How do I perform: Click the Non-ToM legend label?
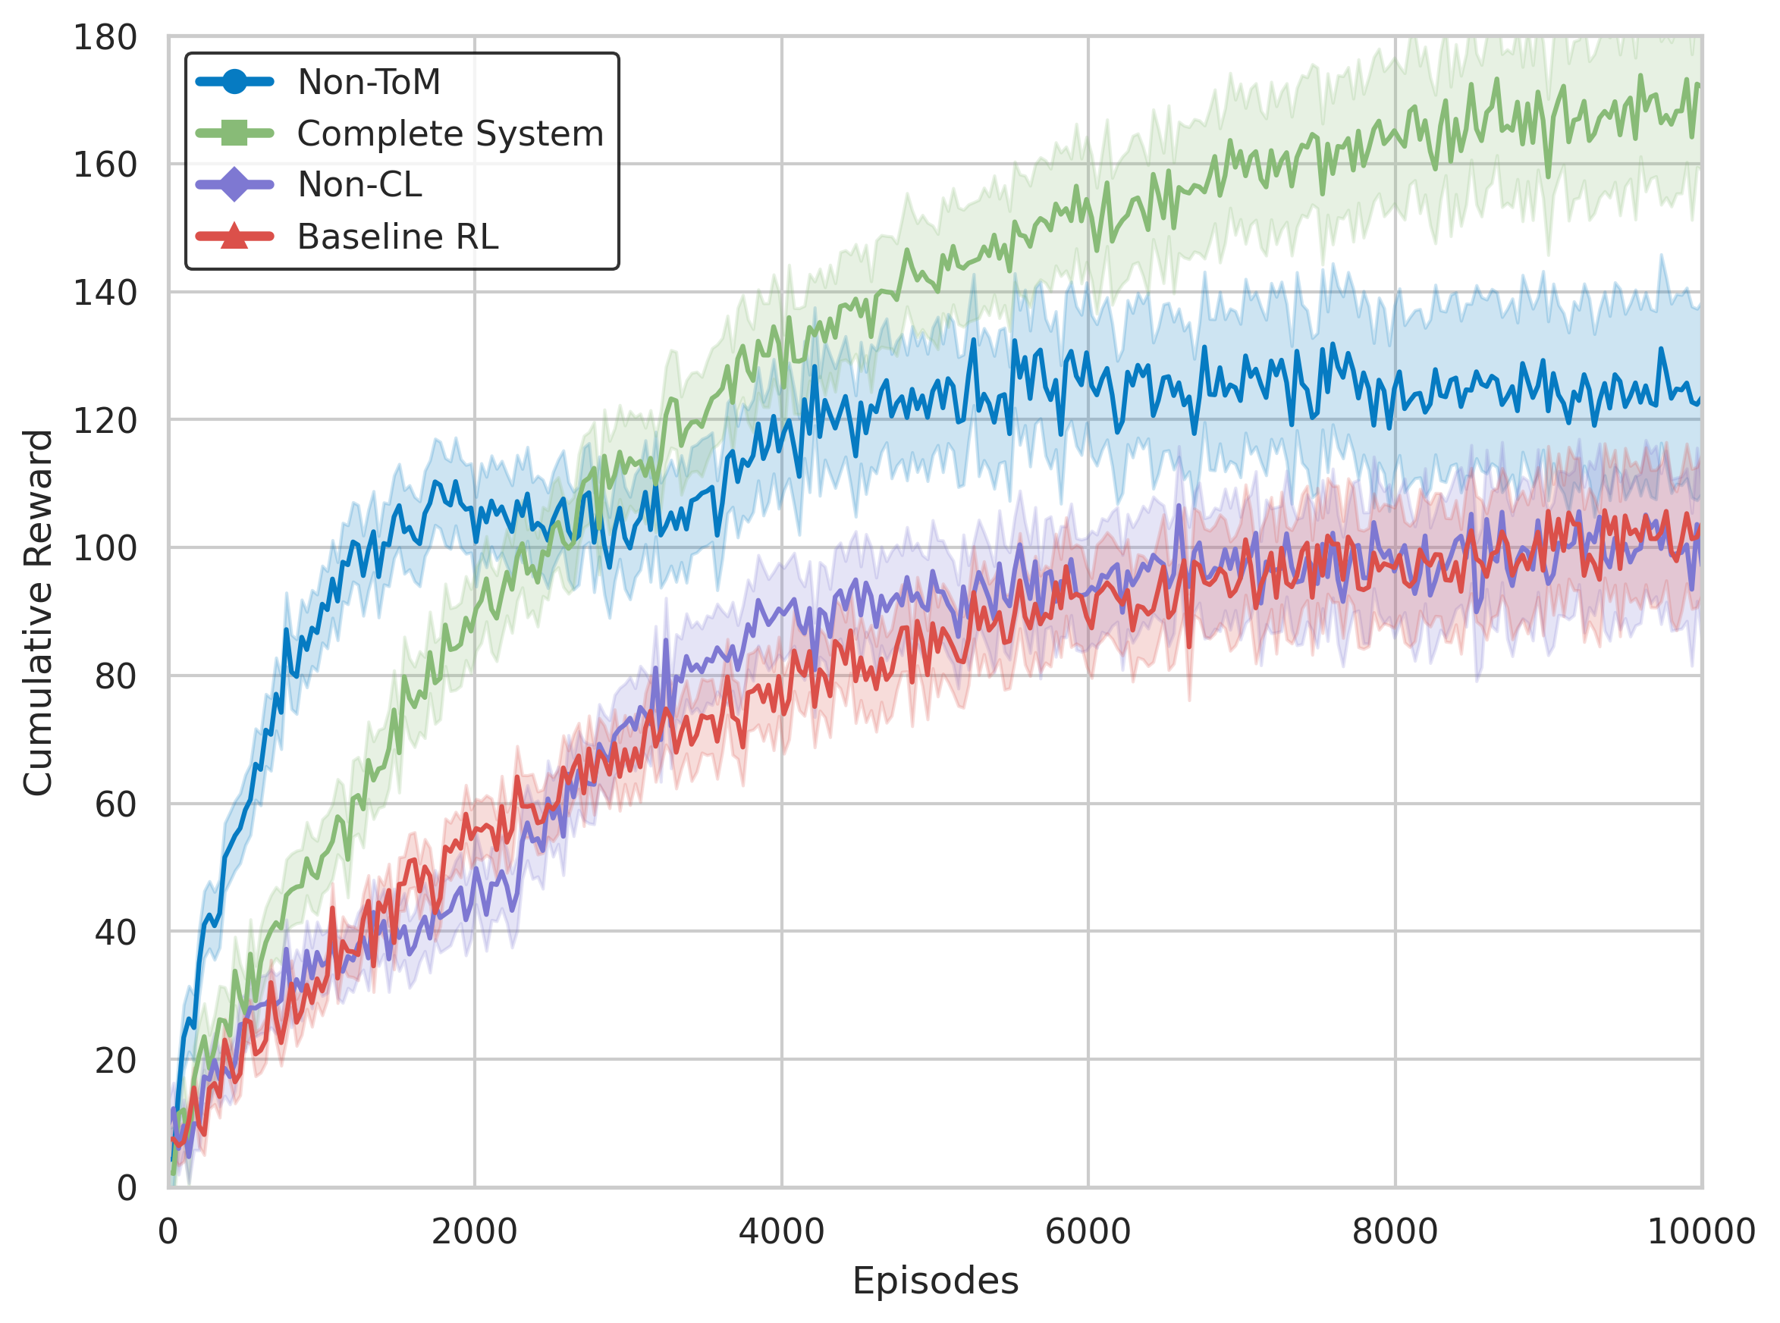[x=369, y=83]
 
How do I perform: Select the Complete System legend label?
[x=450, y=133]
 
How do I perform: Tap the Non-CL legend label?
[x=359, y=185]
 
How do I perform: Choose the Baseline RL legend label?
[x=397, y=237]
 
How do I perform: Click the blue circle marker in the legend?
[x=234, y=83]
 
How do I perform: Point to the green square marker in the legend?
[x=234, y=133]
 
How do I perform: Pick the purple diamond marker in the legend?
[x=234, y=185]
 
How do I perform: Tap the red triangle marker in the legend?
[x=234, y=237]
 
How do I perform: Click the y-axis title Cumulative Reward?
[x=38, y=613]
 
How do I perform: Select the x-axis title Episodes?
[x=935, y=1281]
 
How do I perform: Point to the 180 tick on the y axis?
[x=105, y=38]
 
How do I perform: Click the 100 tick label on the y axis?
[x=105, y=549]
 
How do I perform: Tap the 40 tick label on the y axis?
[x=115, y=933]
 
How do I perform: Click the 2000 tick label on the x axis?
[x=474, y=1232]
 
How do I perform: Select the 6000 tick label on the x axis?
[x=1088, y=1232]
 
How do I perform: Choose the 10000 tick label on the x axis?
[x=1700, y=1232]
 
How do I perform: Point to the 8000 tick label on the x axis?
[x=1395, y=1232]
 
